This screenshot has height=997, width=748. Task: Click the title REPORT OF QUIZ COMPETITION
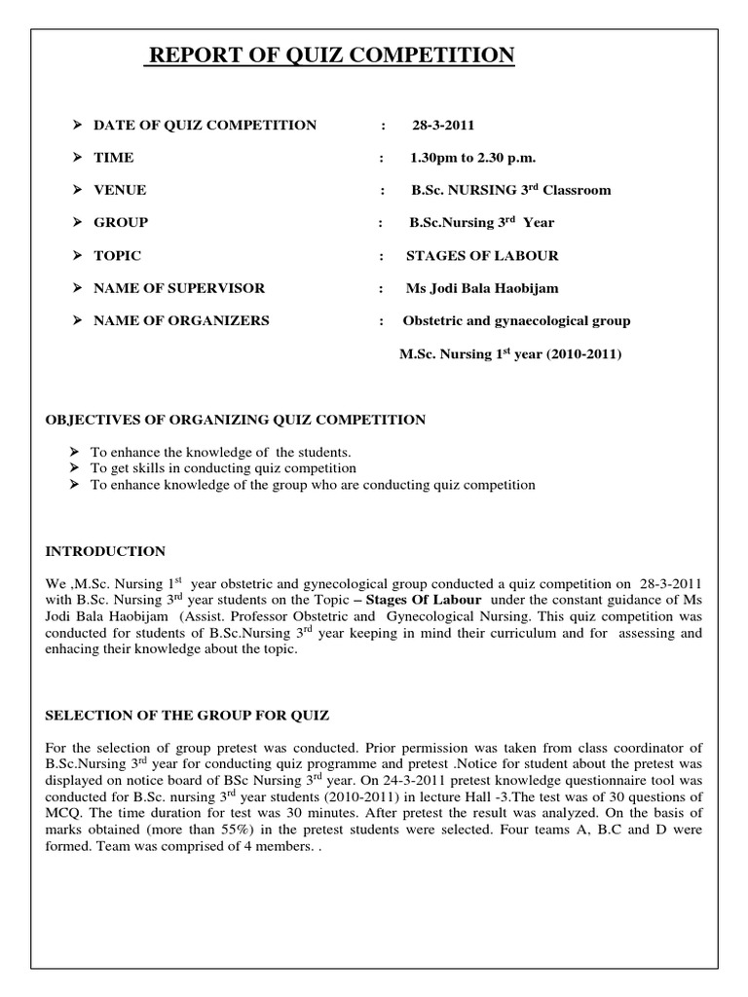tap(330, 56)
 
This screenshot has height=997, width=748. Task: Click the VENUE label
tap(120, 190)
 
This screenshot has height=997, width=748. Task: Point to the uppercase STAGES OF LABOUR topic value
tap(482, 255)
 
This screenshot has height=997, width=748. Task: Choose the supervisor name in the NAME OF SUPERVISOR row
tap(482, 288)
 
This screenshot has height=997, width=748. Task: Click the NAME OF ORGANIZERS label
tap(181, 320)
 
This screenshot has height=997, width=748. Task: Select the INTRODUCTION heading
tap(106, 551)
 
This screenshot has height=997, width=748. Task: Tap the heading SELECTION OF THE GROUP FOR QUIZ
tap(188, 716)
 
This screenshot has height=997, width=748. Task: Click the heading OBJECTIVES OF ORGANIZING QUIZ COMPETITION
tap(237, 420)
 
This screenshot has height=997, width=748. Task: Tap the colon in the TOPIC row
tap(381, 255)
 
